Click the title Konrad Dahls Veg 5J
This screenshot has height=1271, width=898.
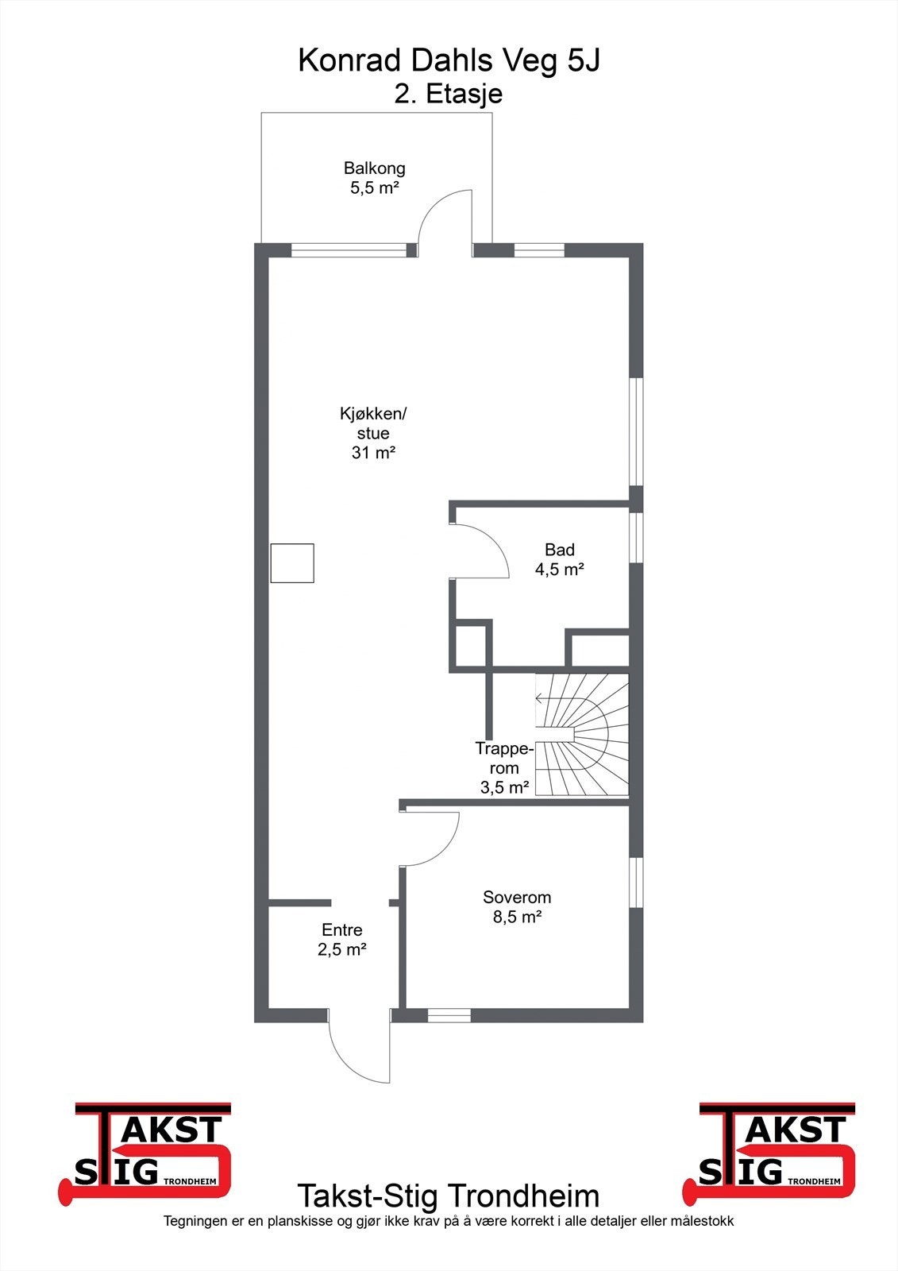point(449,61)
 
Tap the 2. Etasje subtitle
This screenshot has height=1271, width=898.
point(449,94)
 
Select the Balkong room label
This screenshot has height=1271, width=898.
point(374,168)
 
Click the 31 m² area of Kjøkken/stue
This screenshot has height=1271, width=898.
point(373,453)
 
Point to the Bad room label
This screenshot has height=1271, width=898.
point(559,550)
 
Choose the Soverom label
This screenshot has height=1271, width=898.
point(517,898)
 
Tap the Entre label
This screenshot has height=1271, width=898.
point(341,930)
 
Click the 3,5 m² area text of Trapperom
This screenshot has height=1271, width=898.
point(504,788)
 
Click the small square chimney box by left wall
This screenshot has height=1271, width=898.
point(292,563)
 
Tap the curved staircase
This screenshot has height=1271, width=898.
point(582,735)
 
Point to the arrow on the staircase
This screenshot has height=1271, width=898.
point(541,699)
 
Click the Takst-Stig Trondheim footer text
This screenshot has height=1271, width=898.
point(449,1196)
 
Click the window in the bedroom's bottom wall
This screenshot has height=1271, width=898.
point(449,1015)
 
